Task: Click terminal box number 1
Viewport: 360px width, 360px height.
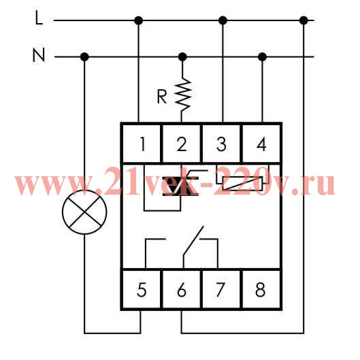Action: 142,144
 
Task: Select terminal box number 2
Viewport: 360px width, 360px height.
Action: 182,144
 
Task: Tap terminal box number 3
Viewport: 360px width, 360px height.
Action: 221,144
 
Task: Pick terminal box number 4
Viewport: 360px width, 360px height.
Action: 261,144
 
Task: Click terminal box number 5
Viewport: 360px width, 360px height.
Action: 142,289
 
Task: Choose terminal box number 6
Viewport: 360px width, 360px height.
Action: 182,289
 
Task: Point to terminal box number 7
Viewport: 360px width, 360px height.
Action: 221,289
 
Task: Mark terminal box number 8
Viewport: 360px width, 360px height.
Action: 261,289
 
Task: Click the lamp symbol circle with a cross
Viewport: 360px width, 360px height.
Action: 84,212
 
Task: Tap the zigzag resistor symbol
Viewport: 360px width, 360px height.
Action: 182,95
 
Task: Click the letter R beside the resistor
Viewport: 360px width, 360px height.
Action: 162,97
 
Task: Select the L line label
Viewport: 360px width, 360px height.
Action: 39,18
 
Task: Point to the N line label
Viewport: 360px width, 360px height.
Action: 39,55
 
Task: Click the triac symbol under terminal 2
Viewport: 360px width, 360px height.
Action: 181,186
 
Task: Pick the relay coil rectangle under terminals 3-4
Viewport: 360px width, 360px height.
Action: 242,183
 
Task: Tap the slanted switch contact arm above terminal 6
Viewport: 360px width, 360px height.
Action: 193,241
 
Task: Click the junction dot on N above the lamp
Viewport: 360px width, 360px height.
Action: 84,56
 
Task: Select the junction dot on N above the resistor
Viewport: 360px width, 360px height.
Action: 182,56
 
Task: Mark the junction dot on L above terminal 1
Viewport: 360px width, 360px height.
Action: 138,20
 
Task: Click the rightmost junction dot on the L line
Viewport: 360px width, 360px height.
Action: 304,20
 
